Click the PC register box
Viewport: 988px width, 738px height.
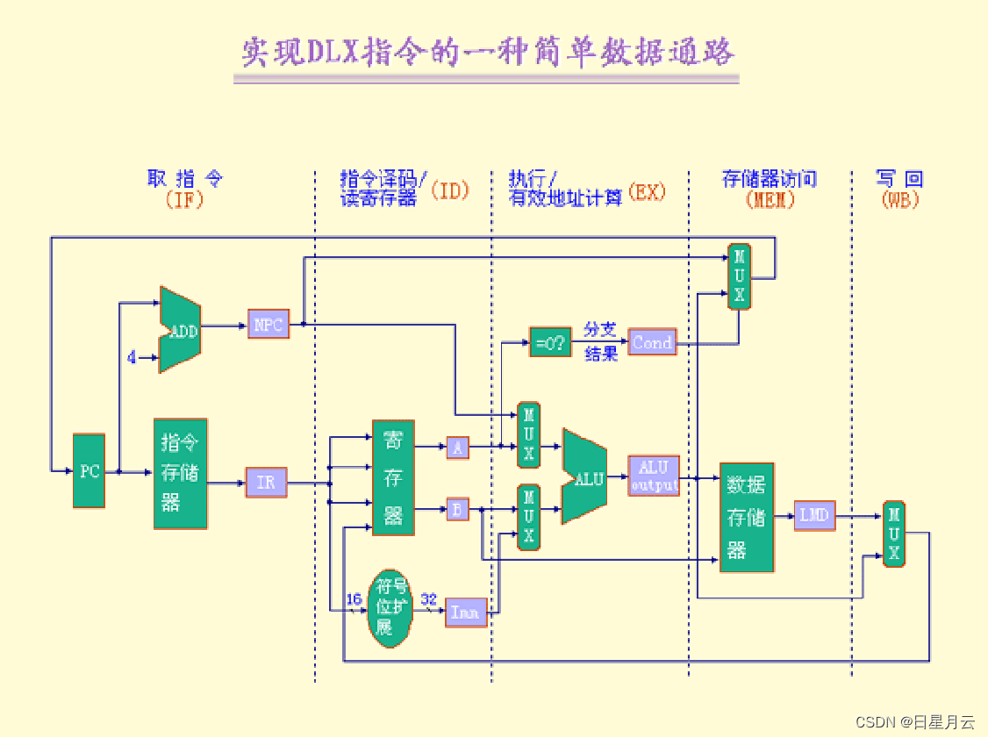tap(89, 470)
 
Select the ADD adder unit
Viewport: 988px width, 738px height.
tap(181, 330)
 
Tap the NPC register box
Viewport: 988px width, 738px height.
tap(268, 324)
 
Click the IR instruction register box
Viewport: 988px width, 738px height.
tap(266, 483)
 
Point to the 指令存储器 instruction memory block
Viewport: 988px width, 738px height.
tap(181, 473)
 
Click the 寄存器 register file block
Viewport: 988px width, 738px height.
tap(393, 477)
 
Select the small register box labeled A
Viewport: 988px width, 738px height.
tap(457, 448)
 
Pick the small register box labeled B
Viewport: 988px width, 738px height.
tap(457, 508)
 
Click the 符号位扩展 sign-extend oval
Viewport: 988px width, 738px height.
tap(390, 606)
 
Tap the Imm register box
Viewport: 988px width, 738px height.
tap(465, 612)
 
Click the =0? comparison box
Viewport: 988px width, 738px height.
tap(550, 341)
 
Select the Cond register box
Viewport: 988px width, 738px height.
tap(652, 343)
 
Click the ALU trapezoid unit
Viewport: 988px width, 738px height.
tap(585, 476)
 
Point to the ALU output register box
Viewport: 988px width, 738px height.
tap(654, 476)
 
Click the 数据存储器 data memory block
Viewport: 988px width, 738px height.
tap(747, 518)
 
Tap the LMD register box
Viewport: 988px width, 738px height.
tap(814, 515)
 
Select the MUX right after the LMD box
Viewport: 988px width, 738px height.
tap(893, 534)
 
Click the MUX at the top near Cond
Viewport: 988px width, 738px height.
tap(739, 276)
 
